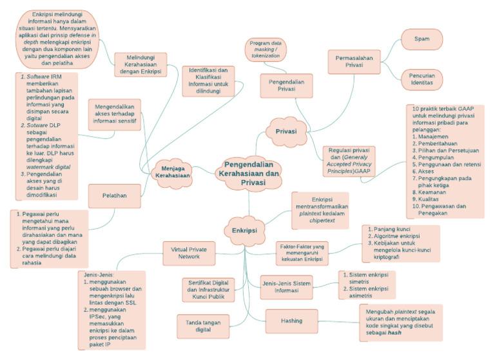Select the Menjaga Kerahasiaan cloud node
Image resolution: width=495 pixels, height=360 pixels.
175,172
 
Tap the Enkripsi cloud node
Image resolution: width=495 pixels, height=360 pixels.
246,230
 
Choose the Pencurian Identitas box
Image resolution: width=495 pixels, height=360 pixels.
427,79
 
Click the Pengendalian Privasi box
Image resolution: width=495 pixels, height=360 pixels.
286,86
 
